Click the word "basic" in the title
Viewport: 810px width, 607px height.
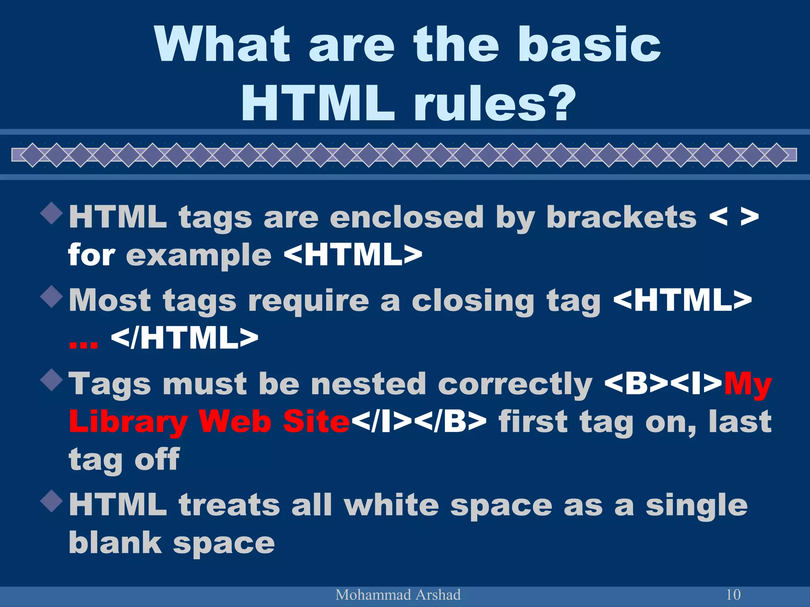point(589,44)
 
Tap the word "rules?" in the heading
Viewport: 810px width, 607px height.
point(494,104)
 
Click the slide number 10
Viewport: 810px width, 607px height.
point(733,594)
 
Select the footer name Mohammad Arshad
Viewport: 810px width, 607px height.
point(398,595)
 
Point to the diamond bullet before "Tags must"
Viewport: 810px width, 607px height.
point(52,380)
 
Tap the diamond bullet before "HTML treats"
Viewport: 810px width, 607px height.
point(52,501)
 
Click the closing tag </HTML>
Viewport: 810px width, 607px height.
point(185,338)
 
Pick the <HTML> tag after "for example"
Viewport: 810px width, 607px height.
point(353,255)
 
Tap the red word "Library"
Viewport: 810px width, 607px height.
point(128,422)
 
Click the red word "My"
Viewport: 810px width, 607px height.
point(748,385)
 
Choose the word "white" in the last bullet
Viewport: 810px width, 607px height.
point(391,505)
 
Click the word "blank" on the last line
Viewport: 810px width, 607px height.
point(115,543)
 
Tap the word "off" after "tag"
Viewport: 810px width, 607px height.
point(157,460)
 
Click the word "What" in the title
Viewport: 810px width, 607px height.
point(222,44)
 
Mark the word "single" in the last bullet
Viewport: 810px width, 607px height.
point(696,506)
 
